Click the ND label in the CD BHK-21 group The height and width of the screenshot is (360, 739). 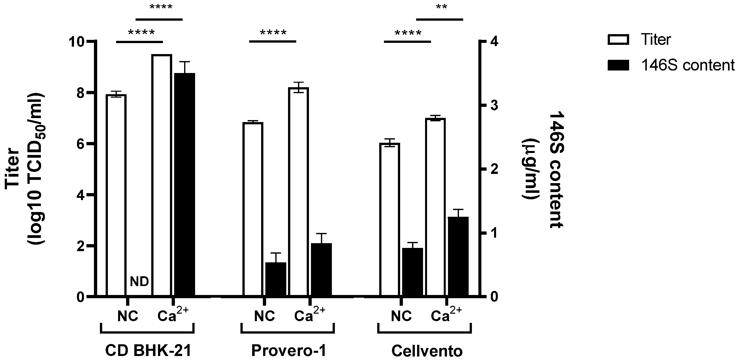[140, 282]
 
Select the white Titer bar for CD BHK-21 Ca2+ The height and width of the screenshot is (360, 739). [162, 175]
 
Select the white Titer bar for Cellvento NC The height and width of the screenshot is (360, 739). [390, 219]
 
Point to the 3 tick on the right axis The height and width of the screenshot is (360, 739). [494, 106]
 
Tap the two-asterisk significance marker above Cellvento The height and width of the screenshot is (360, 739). [441, 7]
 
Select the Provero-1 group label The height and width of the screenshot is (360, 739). [289, 351]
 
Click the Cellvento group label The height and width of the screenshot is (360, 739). [427, 351]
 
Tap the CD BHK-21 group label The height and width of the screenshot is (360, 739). [148, 351]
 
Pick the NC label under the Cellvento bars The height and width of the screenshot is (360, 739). [401, 316]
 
